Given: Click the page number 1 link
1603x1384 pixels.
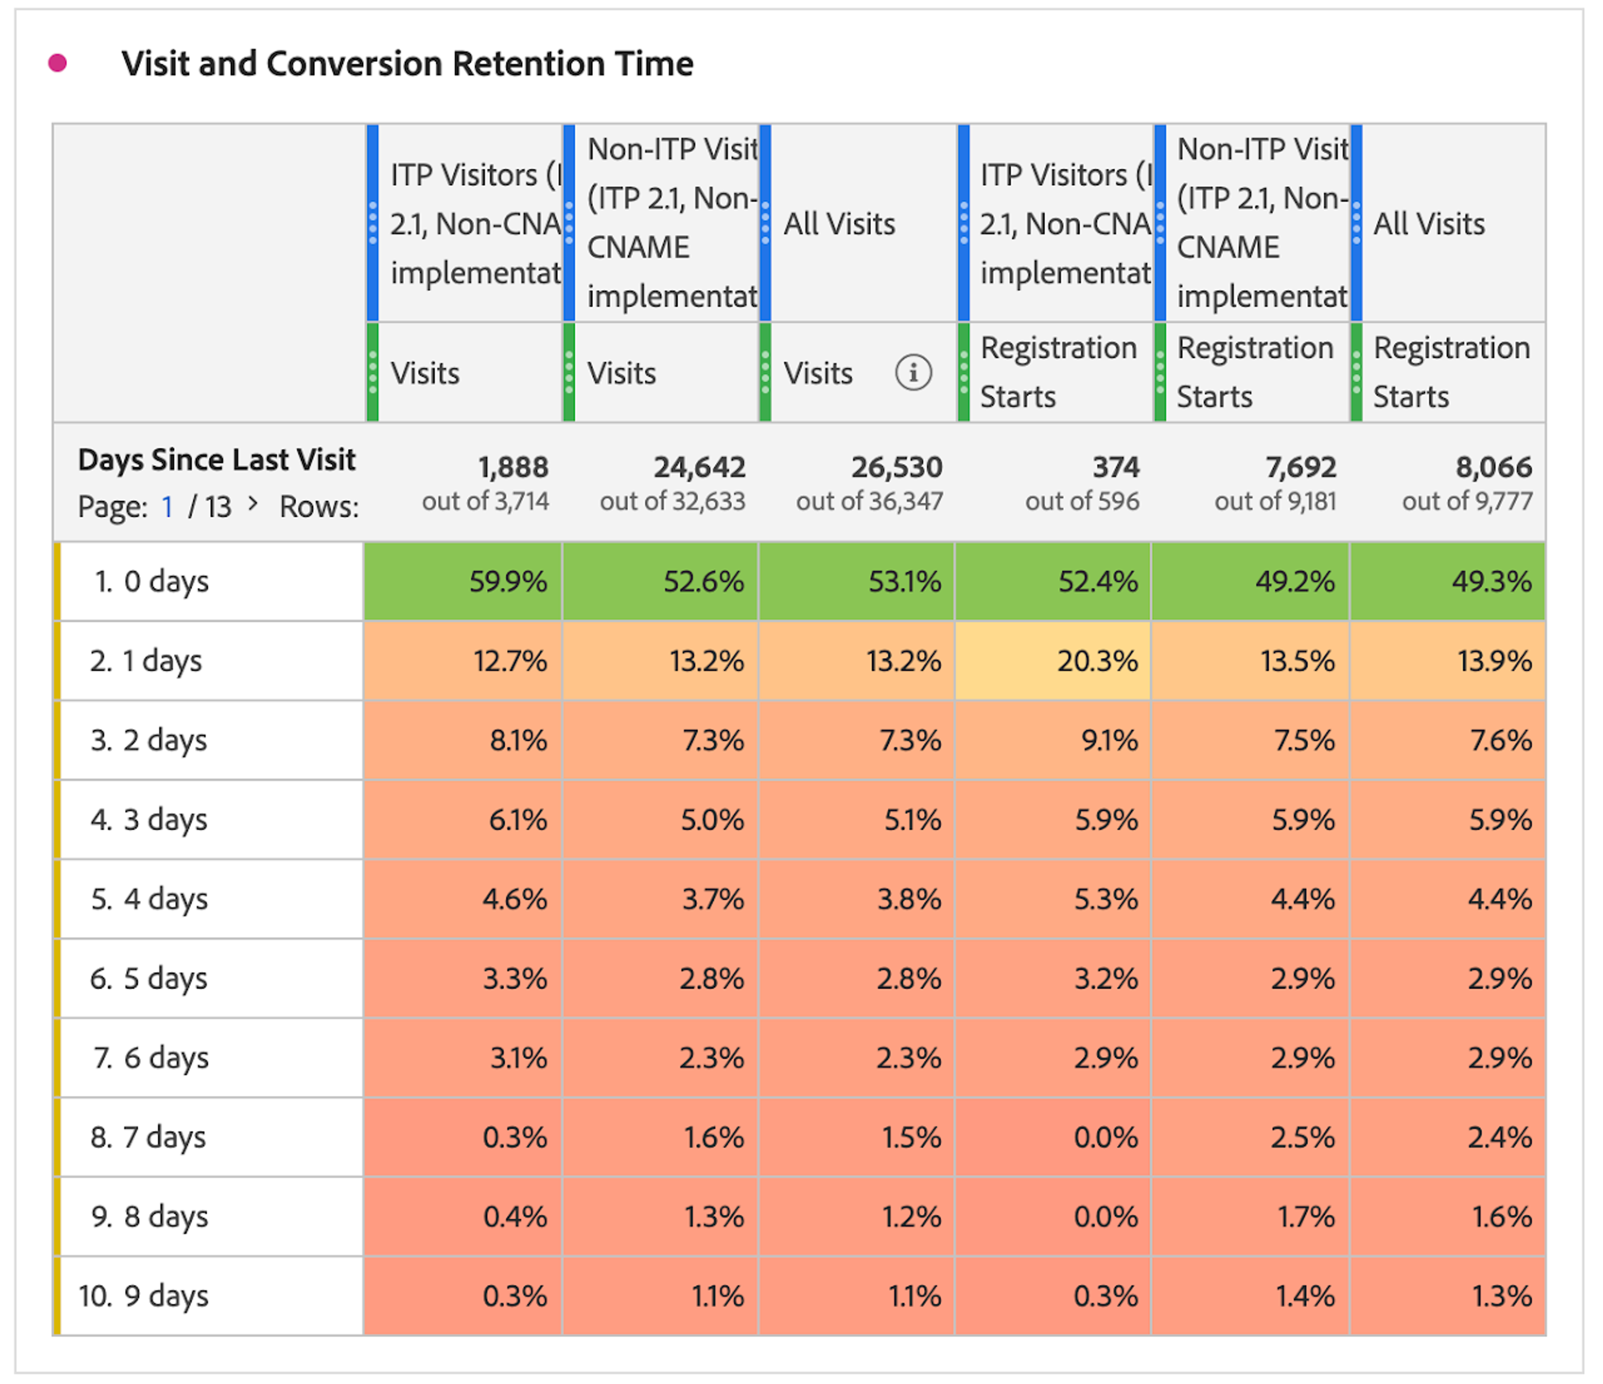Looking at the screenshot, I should click(167, 507).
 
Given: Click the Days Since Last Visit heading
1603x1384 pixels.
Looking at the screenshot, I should click(217, 460).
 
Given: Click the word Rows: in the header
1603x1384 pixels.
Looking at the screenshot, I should click(319, 507).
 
